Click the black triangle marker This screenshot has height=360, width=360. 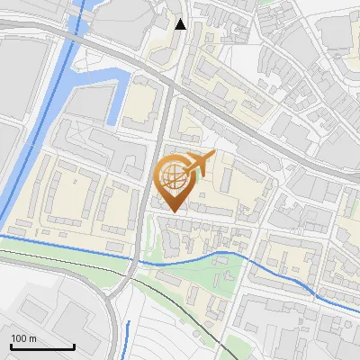181,24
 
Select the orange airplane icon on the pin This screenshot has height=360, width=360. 199,164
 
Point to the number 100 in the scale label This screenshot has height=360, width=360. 19,338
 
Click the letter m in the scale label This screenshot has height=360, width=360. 32,338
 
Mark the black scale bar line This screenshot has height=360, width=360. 42,347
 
